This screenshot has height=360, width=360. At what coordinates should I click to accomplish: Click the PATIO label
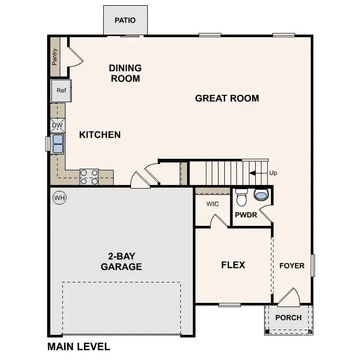(x=125, y=20)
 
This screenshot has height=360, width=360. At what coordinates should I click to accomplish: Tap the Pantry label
(x=54, y=57)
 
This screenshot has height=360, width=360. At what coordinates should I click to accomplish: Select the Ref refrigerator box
(x=61, y=91)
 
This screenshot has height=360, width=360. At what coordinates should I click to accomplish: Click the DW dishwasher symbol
(x=58, y=125)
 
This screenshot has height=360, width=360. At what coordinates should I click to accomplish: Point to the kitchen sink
(x=58, y=144)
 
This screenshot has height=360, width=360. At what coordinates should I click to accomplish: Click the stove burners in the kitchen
(x=89, y=177)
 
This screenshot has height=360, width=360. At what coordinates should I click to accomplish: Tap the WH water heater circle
(x=59, y=198)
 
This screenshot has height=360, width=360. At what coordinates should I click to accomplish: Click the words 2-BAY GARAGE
(x=121, y=261)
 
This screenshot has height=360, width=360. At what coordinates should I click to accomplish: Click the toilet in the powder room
(x=242, y=198)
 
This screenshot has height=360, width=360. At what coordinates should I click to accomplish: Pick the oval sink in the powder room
(x=260, y=195)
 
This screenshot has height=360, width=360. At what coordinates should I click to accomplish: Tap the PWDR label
(x=246, y=215)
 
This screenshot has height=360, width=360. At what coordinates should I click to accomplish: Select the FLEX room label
(x=233, y=265)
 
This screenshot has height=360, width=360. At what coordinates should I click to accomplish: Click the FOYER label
(x=291, y=266)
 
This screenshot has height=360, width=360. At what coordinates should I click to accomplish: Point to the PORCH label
(x=288, y=318)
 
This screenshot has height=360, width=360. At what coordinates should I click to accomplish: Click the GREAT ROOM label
(x=227, y=98)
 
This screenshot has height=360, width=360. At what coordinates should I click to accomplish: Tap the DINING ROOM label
(x=125, y=73)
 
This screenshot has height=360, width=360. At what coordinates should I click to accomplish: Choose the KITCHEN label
(x=100, y=135)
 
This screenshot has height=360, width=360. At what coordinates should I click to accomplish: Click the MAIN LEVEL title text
(x=79, y=346)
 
